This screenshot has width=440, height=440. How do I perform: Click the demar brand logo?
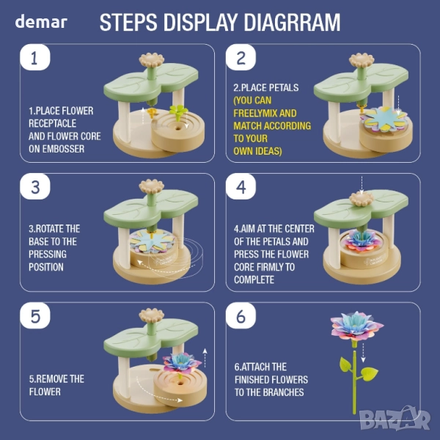41,21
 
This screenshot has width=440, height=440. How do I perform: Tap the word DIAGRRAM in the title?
292,22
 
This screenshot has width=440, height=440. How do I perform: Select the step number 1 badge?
35,57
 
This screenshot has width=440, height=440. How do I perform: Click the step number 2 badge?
241,57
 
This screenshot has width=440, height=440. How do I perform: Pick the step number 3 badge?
35,186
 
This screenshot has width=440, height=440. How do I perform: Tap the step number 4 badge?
241,186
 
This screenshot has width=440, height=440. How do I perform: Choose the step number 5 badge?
35,315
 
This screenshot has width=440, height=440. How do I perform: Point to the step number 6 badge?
241,315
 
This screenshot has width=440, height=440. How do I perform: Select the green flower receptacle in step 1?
178,111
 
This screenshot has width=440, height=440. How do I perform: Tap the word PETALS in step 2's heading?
284,87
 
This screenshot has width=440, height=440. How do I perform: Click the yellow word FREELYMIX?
255,113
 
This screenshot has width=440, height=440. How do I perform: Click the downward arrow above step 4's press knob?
362,186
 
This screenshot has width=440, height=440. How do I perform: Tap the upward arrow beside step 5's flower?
205,358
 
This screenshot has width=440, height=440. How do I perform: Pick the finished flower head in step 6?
356,326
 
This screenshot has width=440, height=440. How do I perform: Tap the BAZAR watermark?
395,419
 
